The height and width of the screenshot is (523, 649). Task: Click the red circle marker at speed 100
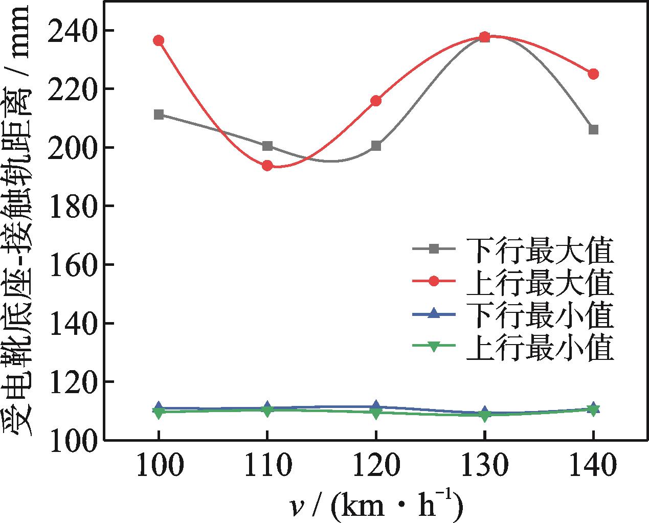pos(159,40)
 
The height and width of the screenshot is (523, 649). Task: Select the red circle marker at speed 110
pos(267,166)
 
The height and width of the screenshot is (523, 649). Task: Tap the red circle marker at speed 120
pos(376,101)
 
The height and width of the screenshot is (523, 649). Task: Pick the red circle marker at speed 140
pos(593,74)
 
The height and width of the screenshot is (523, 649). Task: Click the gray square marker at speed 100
pos(159,115)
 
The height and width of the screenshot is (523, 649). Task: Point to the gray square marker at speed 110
pos(267,146)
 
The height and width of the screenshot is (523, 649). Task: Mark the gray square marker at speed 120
pos(376,146)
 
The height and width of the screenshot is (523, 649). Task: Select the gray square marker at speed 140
pos(593,130)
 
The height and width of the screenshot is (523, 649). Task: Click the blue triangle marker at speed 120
pos(376,406)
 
